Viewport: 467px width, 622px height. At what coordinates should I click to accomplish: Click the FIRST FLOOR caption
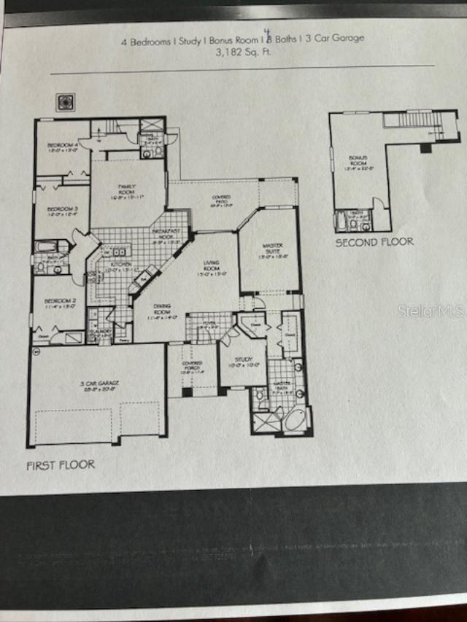pyautogui.click(x=61, y=464)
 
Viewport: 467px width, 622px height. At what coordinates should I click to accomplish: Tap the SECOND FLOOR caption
pyautogui.click(x=374, y=242)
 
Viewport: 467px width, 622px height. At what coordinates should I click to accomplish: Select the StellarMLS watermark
pyautogui.click(x=431, y=311)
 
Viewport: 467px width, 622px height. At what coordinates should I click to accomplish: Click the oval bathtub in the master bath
pyautogui.click(x=296, y=420)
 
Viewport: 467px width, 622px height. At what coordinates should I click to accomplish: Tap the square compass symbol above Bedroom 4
pyautogui.click(x=65, y=102)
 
